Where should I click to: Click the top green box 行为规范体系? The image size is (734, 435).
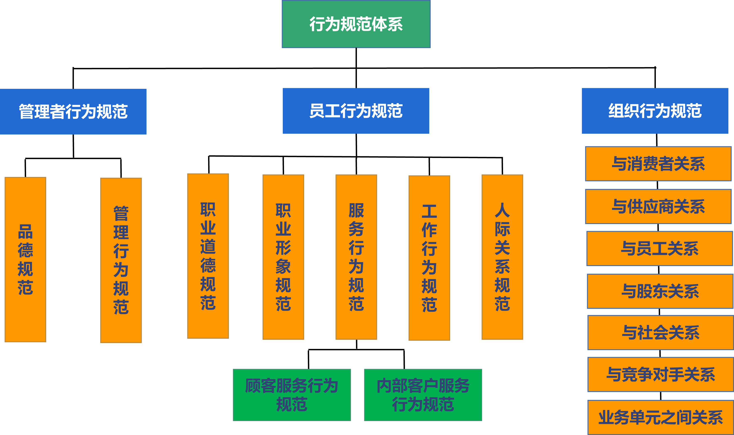356,24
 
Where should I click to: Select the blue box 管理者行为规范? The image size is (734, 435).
73,111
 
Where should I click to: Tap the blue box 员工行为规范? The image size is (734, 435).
356,111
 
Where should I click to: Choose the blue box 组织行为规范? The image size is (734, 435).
655,111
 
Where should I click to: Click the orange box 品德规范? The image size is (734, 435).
26,259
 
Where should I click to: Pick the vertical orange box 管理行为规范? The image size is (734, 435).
121,260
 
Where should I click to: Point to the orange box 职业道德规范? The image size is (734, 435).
208,256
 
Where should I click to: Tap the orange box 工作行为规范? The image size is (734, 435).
429,258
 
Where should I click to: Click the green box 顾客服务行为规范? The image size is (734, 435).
292,395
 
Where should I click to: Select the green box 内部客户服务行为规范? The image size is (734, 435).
423,395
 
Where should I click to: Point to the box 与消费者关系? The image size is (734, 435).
658,164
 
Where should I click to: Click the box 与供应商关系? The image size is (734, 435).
658,206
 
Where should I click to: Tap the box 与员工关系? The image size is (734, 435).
660,249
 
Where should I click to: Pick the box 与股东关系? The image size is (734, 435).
660,291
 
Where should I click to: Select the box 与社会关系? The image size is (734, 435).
660,332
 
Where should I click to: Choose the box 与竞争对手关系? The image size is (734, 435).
660,374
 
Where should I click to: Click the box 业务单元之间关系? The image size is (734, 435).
660,417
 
